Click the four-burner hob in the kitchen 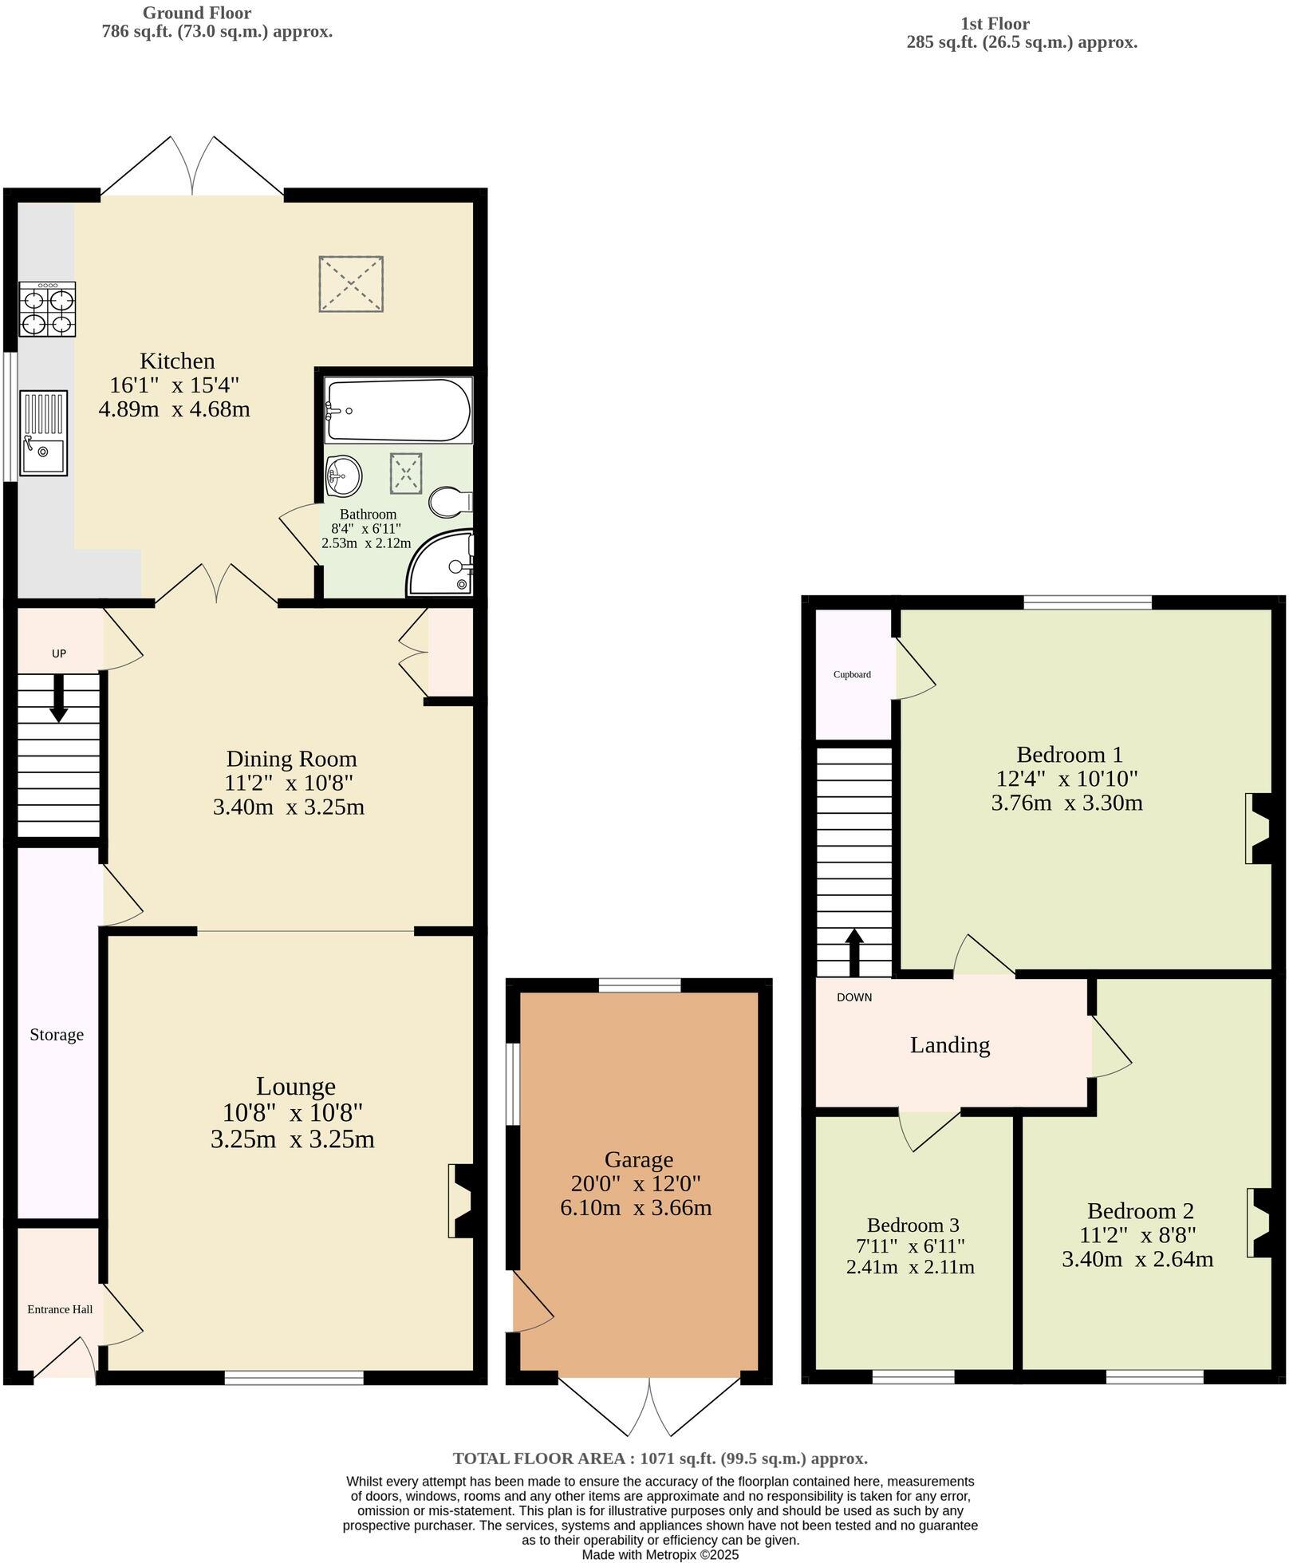pyautogui.click(x=48, y=310)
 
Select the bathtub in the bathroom pyautogui.click(x=397, y=410)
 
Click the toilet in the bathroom pyautogui.click(x=449, y=502)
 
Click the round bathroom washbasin pyautogui.click(x=344, y=476)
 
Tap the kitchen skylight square pyautogui.click(x=351, y=284)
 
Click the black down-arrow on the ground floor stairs pyautogui.click(x=58, y=698)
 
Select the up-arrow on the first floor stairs pyautogui.click(x=853, y=952)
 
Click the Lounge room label pyautogui.click(x=295, y=1086)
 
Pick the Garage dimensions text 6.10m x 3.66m pyautogui.click(x=636, y=1207)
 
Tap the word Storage pyautogui.click(x=57, y=1035)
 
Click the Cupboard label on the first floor pyautogui.click(x=852, y=674)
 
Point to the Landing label pyautogui.click(x=949, y=1044)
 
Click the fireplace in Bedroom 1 pyautogui.click(x=1259, y=828)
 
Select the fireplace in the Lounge pyautogui.click(x=462, y=1201)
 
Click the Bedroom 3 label pyautogui.click(x=913, y=1225)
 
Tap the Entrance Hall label pyautogui.click(x=60, y=1309)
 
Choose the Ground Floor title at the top pyautogui.click(x=196, y=13)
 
